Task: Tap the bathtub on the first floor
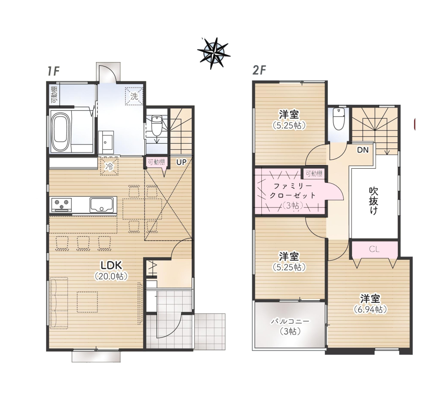coord(61,132)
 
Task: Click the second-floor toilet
coord(338,119)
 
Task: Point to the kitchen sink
coord(103,205)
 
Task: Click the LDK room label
coord(112,265)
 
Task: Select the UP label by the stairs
coord(181,162)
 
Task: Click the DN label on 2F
coord(363,150)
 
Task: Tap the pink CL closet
coord(374,249)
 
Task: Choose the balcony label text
coord(290,321)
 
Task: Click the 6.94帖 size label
coord(370,309)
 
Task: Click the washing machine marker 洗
coord(134,96)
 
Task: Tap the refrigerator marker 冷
coord(109,167)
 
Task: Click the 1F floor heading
coord(53,71)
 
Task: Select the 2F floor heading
coord(259,70)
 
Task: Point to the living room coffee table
coord(87,302)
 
